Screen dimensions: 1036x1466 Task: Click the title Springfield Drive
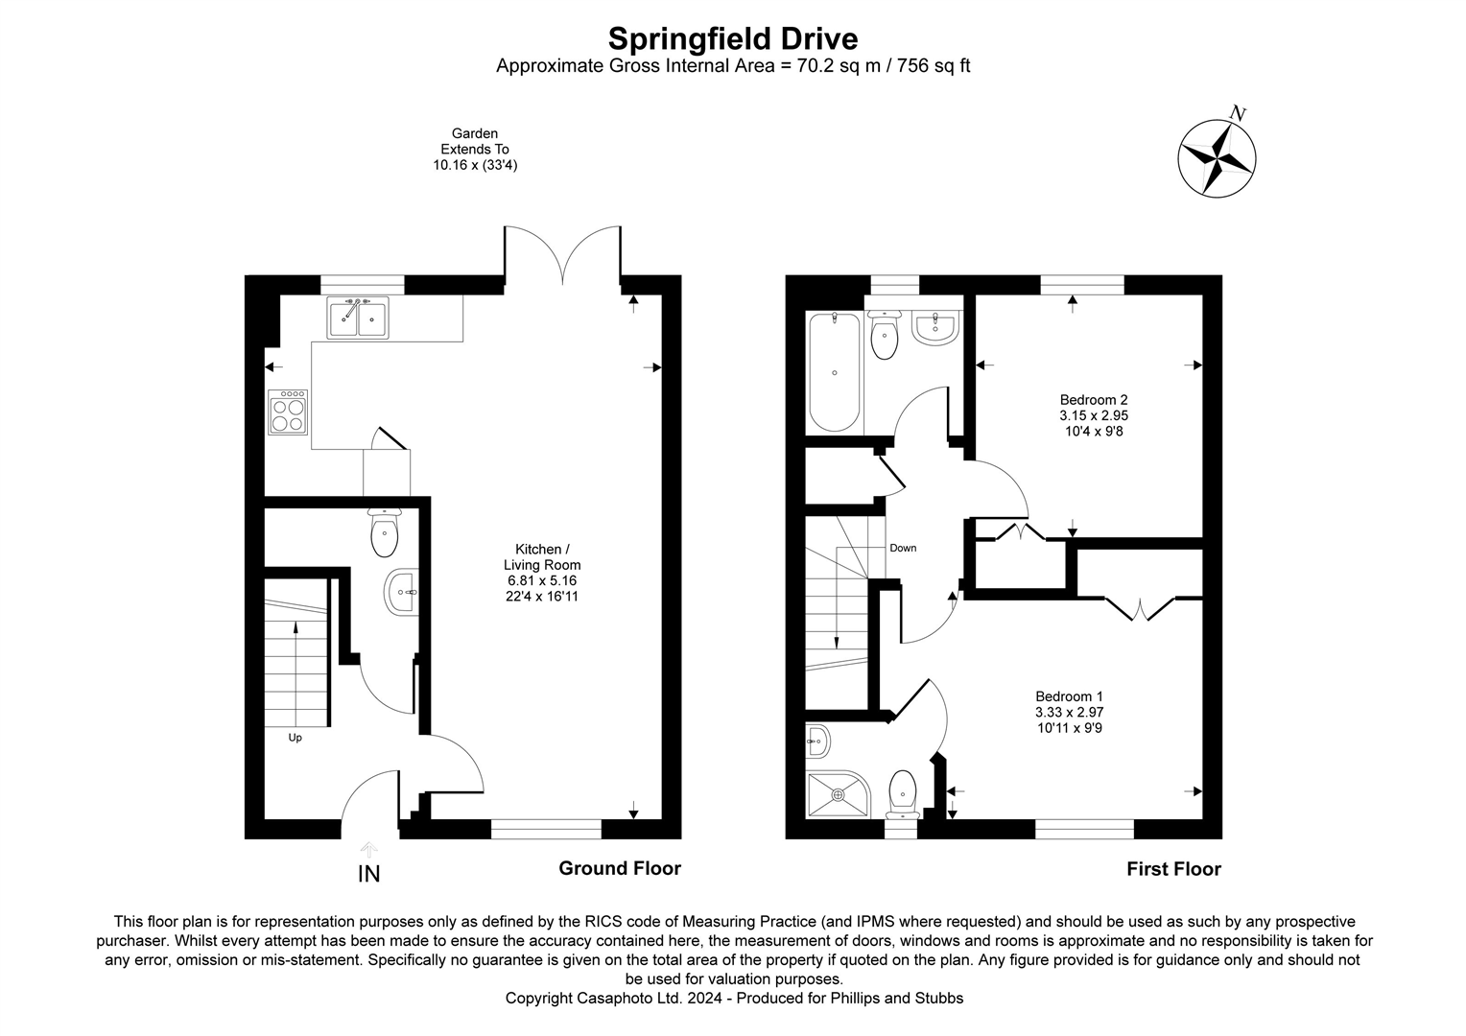(733, 38)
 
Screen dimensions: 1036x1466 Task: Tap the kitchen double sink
(358, 318)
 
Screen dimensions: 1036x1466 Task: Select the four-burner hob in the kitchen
(288, 412)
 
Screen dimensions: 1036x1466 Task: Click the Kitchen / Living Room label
(542, 573)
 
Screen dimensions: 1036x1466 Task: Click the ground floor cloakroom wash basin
(401, 592)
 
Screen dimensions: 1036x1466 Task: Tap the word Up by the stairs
(296, 738)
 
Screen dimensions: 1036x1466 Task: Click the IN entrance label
(368, 874)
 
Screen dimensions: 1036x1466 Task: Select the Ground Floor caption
(620, 868)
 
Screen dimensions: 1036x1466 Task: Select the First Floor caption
(1173, 869)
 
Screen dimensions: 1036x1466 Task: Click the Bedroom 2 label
(1093, 415)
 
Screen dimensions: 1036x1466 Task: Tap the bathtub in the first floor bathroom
(835, 372)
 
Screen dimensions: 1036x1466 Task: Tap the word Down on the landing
(903, 549)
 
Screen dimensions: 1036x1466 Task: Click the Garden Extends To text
(475, 150)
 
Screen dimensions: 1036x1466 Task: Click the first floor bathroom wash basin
(933, 327)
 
